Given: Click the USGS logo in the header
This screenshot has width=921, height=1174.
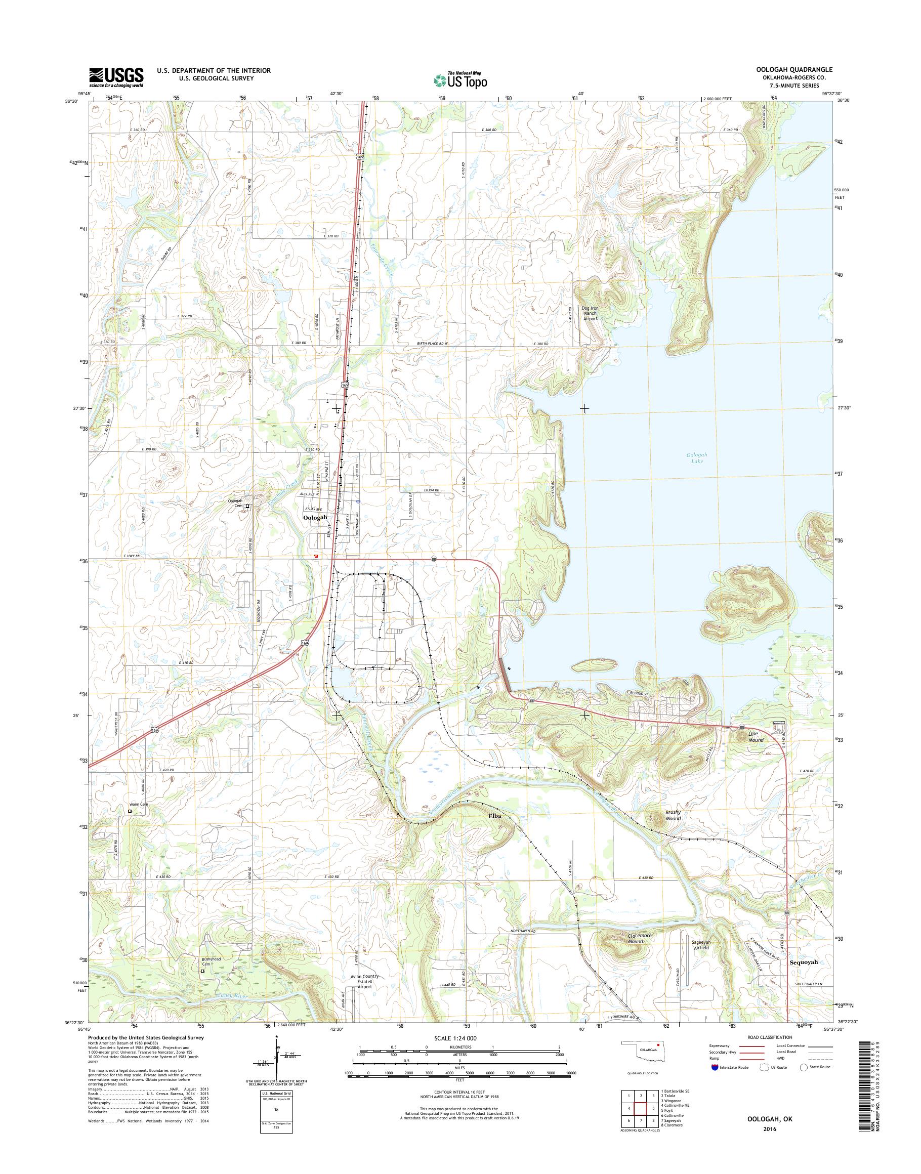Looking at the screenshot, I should [x=116, y=77].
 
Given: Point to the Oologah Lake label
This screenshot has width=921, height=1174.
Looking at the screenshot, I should [x=697, y=458].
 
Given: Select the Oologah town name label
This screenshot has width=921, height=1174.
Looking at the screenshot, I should [x=315, y=517].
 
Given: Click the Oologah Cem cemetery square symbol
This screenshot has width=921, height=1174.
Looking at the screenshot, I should [x=247, y=507].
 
